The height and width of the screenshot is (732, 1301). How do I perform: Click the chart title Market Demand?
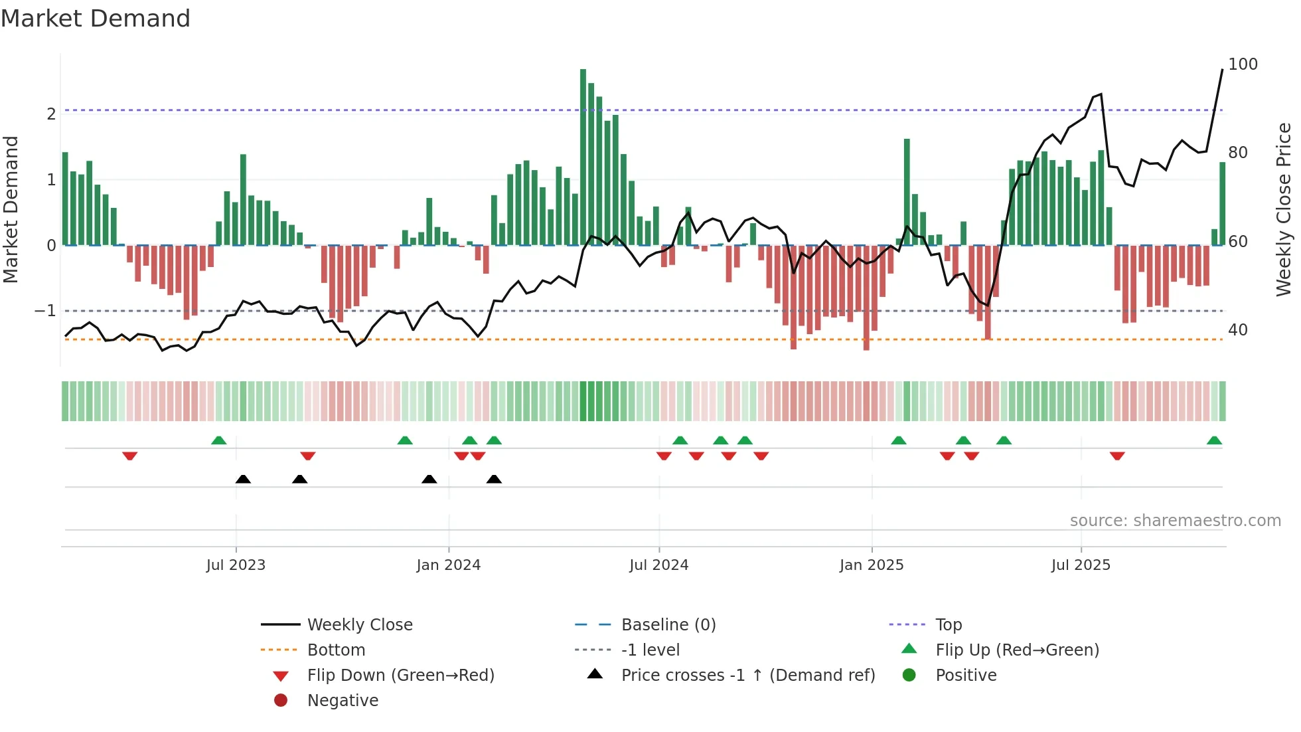tap(96, 19)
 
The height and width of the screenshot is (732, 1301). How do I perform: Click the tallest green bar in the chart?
tap(583, 157)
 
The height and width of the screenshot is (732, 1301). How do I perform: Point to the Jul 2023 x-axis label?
tap(236, 565)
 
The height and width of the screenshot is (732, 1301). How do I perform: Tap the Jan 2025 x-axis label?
tap(871, 565)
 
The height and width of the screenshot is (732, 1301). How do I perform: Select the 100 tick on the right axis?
tap(1243, 64)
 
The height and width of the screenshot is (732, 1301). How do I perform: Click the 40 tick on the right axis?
tap(1237, 330)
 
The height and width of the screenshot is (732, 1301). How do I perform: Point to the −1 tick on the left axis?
tap(45, 311)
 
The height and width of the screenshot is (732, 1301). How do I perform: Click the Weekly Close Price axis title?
tap(1284, 209)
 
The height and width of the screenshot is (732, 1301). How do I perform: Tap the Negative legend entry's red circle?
tap(281, 701)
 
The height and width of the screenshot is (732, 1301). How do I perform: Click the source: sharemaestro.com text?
tap(1175, 521)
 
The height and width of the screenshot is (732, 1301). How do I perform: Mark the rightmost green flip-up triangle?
tap(1214, 440)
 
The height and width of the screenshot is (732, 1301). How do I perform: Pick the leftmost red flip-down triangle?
tap(130, 456)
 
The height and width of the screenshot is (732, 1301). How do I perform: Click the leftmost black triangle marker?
tap(243, 479)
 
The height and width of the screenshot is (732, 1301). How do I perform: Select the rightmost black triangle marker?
tap(494, 479)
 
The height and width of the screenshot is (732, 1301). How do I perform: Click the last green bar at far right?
tap(1222, 203)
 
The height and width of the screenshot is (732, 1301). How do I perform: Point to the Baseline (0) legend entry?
tap(668, 625)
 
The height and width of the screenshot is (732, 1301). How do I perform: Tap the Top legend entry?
tap(948, 625)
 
